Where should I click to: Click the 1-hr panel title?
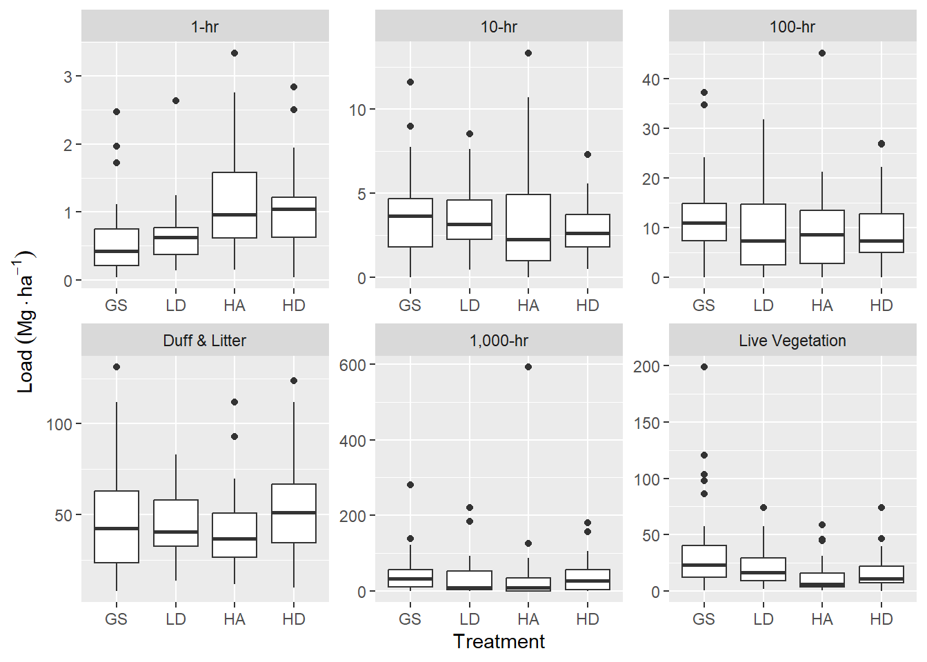click(205, 27)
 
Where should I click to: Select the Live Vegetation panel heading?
click(792, 341)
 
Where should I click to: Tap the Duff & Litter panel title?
click(205, 341)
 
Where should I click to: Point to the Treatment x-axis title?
click(499, 641)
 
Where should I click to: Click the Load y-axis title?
click(26, 321)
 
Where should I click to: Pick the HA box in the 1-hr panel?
click(235, 205)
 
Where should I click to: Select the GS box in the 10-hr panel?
click(410, 223)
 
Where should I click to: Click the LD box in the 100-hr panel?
click(763, 234)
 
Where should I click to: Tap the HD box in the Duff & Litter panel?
click(294, 513)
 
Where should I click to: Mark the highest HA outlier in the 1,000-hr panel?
click(528, 367)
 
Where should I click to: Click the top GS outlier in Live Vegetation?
click(704, 367)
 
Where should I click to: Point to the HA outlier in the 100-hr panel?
click(822, 53)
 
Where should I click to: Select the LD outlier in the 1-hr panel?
click(176, 101)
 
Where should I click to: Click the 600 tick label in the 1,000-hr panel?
click(352, 365)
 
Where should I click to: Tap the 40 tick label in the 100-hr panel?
click(650, 79)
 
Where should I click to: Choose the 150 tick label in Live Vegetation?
click(646, 423)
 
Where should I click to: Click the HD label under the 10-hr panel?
click(588, 305)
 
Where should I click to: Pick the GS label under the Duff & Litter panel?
click(117, 619)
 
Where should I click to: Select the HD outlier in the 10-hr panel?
click(588, 154)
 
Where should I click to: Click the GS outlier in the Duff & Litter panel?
click(117, 367)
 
